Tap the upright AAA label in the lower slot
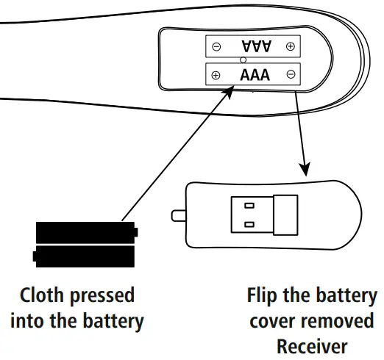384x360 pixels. click(x=255, y=74)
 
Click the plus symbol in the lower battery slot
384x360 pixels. click(x=215, y=75)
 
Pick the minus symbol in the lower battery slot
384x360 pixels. click(x=291, y=74)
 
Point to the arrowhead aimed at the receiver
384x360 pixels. click(x=304, y=168)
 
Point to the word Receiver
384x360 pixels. click(x=311, y=346)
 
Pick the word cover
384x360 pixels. click(x=274, y=321)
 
